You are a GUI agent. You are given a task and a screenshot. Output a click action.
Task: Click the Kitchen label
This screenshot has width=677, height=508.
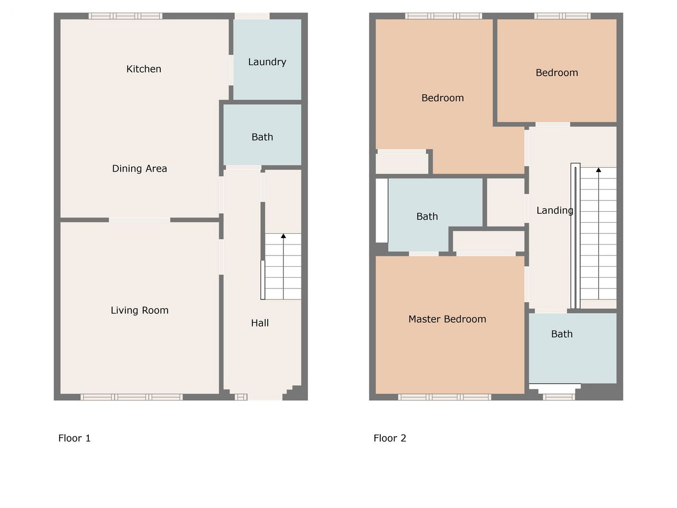(144, 69)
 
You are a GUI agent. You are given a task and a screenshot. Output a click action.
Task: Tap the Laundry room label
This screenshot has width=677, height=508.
(267, 62)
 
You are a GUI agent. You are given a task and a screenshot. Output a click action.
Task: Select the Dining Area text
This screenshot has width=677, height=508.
(140, 168)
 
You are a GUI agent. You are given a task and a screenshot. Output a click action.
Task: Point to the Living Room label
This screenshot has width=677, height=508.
(140, 310)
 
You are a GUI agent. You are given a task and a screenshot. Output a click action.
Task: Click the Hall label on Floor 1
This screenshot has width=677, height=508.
(260, 323)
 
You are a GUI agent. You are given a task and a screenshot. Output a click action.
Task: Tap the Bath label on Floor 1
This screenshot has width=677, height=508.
(262, 137)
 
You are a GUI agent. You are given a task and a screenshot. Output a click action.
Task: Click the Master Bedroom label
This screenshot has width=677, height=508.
(447, 319)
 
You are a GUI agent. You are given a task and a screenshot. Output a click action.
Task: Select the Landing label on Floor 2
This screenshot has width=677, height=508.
(555, 211)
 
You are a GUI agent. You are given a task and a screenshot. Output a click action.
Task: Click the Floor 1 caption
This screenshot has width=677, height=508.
(75, 438)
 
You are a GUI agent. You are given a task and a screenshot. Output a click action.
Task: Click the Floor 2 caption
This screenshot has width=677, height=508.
(390, 438)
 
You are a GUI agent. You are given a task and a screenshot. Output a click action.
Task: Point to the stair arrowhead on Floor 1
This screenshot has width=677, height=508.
(283, 236)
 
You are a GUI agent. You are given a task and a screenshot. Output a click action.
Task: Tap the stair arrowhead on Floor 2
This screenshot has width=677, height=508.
(598, 170)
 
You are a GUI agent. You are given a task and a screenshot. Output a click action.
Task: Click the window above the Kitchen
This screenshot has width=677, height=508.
(125, 16)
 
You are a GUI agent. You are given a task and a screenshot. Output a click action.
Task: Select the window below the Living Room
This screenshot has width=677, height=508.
(132, 397)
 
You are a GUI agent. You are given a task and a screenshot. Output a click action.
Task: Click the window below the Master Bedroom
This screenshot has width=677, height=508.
(444, 397)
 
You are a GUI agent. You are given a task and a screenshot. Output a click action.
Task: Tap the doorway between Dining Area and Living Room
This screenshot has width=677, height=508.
(140, 220)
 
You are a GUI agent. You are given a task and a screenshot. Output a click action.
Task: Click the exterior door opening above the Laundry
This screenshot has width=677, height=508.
(252, 16)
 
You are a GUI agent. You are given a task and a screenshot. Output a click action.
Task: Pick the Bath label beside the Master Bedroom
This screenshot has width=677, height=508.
(562, 334)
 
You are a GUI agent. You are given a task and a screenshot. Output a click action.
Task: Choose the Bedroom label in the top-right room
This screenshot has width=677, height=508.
(557, 73)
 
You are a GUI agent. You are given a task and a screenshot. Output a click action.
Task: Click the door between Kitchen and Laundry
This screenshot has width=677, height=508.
(231, 70)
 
